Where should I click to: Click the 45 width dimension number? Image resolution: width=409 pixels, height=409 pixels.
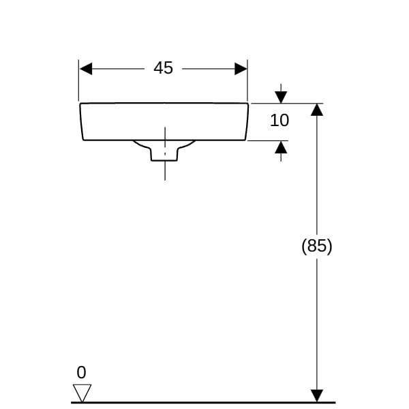pyautogui.click(x=163, y=68)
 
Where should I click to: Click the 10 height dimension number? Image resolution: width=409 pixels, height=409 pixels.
pyautogui.click(x=279, y=121)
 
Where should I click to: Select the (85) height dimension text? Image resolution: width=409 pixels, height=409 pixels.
pyautogui.click(x=316, y=246)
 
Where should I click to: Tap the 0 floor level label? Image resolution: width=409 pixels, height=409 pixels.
pyautogui.click(x=82, y=372)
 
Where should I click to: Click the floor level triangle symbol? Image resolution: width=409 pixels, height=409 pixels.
pyautogui.click(x=82, y=393)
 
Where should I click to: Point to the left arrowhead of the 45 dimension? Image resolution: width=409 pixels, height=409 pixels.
pyautogui.click(x=86, y=68)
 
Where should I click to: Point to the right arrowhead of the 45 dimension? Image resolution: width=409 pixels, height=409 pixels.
pyautogui.click(x=241, y=68)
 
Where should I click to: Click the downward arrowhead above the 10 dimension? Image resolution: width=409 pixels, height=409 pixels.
pyautogui.click(x=281, y=97)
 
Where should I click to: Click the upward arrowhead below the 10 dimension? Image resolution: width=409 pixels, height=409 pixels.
pyautogui.click(x=281, y=147)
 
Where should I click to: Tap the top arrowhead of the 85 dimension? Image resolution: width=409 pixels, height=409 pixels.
pyautogui.click(x=316, y=110)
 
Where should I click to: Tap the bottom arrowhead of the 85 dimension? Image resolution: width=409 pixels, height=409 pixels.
pyautogui.click(x=316, y=395)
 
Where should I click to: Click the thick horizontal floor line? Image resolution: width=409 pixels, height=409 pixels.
pyautogui.click(x=204, y=402)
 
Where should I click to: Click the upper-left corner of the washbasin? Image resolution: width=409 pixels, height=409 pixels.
pyautogui.click(x=81, y=104)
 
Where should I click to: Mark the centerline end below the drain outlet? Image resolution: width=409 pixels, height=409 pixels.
pyautogui.click(x=164, y=178)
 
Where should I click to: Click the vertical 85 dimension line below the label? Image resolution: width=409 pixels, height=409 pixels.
pyautogui.click(x=316, y=320)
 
